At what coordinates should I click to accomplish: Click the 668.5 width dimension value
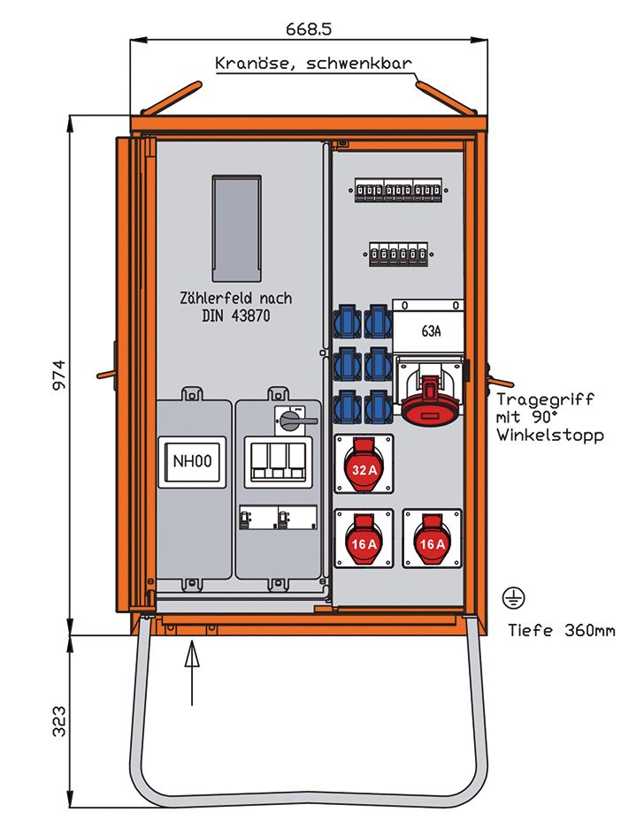click(x=309, y=28)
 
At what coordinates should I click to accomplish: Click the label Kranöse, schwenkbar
click(x=313, y=65)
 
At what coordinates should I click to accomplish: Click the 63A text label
click(x=431, y=332)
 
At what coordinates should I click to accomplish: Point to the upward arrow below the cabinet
click(x=192, y=676)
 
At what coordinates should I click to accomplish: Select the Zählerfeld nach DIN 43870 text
click(x=235, y=307)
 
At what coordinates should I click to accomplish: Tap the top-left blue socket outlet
click(x=347, y=322)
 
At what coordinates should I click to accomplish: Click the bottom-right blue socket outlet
click(x=379, y=405)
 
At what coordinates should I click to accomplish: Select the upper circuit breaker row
click(x=397, y=191)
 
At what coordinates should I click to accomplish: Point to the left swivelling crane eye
click(x=172, y=98)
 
